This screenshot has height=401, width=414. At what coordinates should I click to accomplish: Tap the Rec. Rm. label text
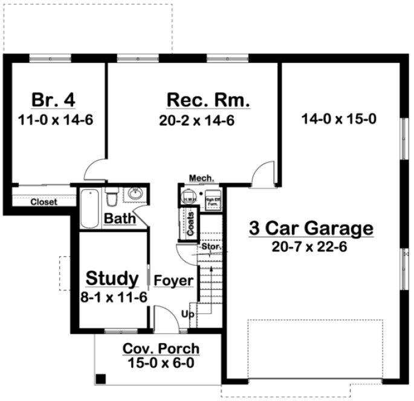(x=208, y=100)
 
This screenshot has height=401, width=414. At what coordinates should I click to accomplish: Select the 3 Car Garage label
(x=311, y=228)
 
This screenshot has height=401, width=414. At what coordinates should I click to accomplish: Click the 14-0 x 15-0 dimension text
(x=339, y=119)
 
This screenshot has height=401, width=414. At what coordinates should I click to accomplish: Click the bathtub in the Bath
(x=89, y=209)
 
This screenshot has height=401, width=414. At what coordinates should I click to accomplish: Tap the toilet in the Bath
(x=112, y=197)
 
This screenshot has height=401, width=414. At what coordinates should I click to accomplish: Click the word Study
(x=112, y=278)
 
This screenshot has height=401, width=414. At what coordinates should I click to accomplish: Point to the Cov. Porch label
(x=161, y=349)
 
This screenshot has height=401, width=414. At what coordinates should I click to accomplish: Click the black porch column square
(x=101, y=379)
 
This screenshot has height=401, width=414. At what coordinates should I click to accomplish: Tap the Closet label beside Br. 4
(x=44, y=202)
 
